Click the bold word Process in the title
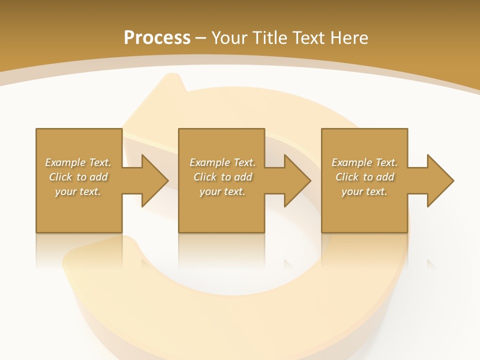pos(157,38)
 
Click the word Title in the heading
pos(269,38)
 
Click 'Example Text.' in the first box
pos(78,162)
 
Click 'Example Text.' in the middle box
pos(222,162)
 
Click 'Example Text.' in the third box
pos(364,162)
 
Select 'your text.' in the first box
pos(78,191)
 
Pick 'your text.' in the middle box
pos(222,191)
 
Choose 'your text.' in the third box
pos(364,191)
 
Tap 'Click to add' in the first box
pos(78,177)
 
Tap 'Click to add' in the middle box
pos(222,177)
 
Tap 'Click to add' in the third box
pos(364,177)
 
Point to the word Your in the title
pos(229,38)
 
